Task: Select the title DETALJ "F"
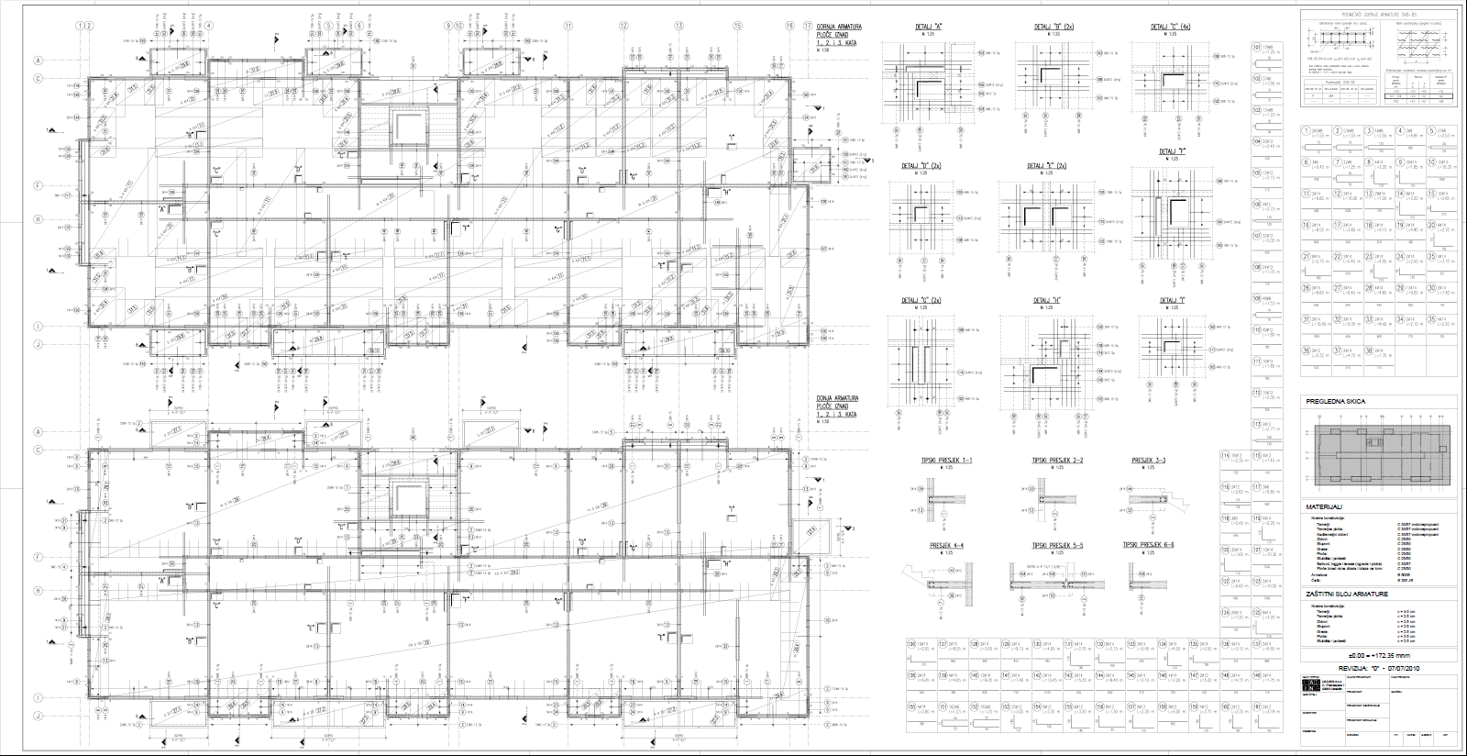click(x=1173, y=152)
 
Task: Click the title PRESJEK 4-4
click(x=944, y=545)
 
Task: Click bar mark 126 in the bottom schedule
click(x=910, y=644)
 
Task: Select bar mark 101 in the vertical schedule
click(x=1256, y=48)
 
